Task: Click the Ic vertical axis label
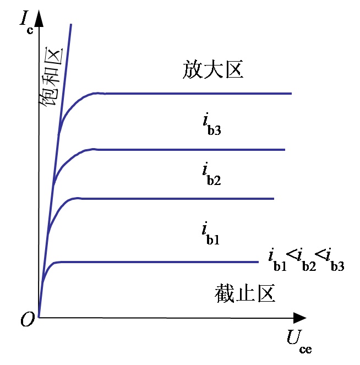click(26, 23)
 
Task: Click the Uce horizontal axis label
click(299, 341)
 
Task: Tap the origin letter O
click(28, 319)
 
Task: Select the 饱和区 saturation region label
click(51, 77)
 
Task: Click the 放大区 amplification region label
click(213, 69)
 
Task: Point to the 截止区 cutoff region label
click(244, 293)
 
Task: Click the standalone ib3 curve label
click(212, 124)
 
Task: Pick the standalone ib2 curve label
click(211, 174)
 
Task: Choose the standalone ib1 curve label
click(210, 233)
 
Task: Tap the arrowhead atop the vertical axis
click(39, 18)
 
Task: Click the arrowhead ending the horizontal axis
click(300, 318)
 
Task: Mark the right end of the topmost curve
click(291, 94)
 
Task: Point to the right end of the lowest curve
click(258, 262)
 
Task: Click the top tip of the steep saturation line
click(71, 24)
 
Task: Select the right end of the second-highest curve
click(285, 150)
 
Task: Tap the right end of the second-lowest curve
click(274, 199)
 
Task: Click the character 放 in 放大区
click(193, 69)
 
